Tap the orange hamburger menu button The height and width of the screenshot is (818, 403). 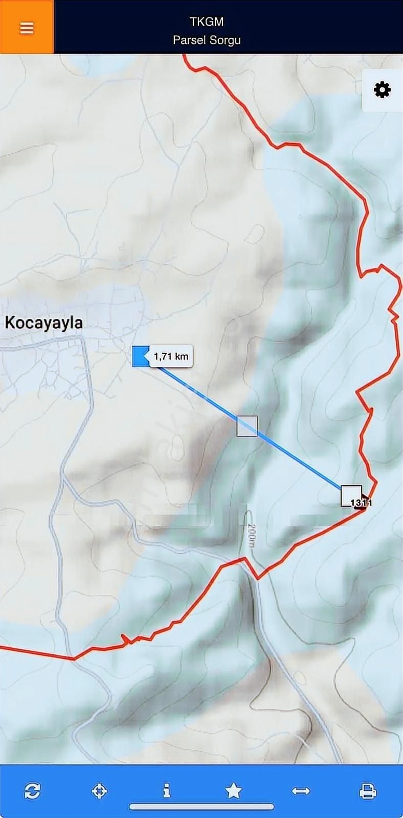pyautogui.click(x=27, y=28)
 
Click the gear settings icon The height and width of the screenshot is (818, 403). pyautogui.click(x=382, y=90)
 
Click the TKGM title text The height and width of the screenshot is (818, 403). pyautogui.click(x=207, y=21)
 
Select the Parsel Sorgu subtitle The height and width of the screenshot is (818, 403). pyautogui.click(x=207, y=40)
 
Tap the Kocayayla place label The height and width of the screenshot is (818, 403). pyautogui.click(x=43, y=323)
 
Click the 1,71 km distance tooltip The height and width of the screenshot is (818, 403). pyautogui.click(x=171, y=356)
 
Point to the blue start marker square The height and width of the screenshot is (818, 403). pyautogui.click(x=140, y=356)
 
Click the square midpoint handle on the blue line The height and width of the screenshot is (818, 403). pyautogui.click(x=247, y=426)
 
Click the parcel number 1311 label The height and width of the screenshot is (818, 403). pyautogui.click(x=362, y=503)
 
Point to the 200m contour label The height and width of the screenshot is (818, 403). pyautogui.click(x=251, y=535)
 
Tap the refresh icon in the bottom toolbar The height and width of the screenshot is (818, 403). pyautogui.click(x=32, y=791)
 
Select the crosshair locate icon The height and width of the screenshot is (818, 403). pyautogui.click(x=99, y=791)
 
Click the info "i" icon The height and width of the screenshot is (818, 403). pyautogui.click(x=166, y=791)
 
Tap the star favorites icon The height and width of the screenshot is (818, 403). pyautogui.click(x=234, y=791)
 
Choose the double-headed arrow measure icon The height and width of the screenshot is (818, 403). pyautogui.click(x=301, y=791)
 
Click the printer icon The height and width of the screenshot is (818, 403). pyautogui.click(x=368, y=791)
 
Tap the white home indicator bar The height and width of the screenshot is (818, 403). pyautogui.click(x=201, y=807)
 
